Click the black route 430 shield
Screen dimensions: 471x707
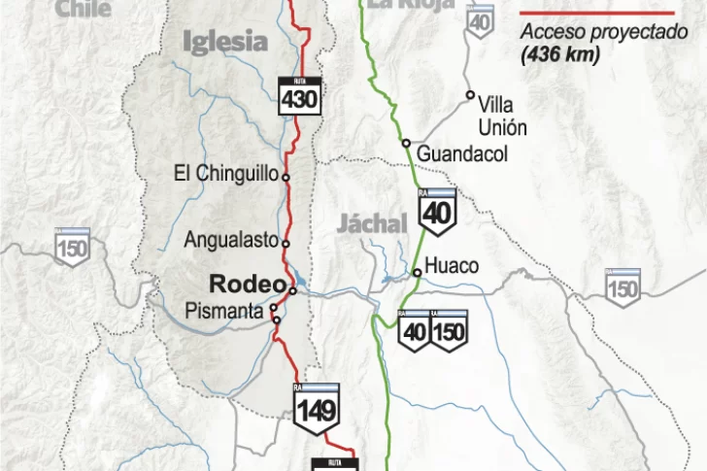[x=299, y=93]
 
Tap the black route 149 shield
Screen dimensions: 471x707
[x=317, y=405]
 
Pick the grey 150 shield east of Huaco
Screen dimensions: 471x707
[x=623, y=286]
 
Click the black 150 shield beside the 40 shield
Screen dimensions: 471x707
[x=449, y=330]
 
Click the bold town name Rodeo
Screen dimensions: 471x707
[x=247, y=285]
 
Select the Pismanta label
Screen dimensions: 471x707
[x=224, y=311]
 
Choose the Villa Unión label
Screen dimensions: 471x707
[x=502, y=117]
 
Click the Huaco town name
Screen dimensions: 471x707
[x=452, y=265]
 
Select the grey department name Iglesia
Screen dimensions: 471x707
[x=224, y=41]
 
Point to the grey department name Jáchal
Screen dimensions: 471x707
[x=372, y=223]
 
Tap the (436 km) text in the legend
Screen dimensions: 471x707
[x=559, y=54]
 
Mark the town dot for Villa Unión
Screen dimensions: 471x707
[x=470, y=95]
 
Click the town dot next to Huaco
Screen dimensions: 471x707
[x=417, y=272]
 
